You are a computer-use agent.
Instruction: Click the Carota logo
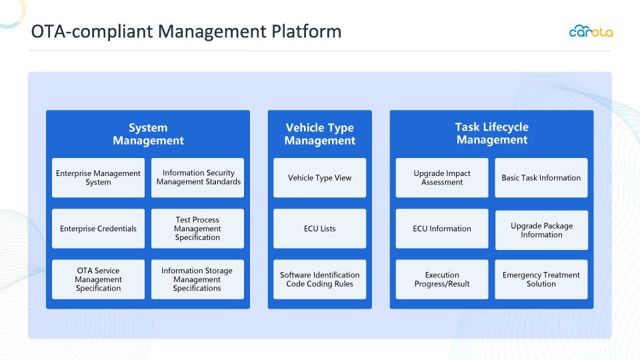[x=591, y=31]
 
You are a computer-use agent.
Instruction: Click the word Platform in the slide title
[x=307, y=31]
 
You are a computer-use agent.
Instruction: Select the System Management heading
[x=148, y=134]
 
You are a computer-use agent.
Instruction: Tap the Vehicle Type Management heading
[x=319, y=134]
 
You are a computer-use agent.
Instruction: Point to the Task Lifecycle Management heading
[x=492, y=133]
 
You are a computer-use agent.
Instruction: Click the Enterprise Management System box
[x=99, y=177]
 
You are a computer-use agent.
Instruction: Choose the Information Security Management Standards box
[x=197, y=177]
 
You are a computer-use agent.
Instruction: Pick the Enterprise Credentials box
[x=99, y=229]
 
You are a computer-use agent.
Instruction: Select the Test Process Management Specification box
[x=197, y=229]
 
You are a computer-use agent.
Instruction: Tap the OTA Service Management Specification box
[x=99, y=279]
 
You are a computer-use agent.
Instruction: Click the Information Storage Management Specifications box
[x=197, y=279]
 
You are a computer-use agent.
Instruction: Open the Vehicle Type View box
[x=319, y=177]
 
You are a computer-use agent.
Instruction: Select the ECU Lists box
[x=319, y=229]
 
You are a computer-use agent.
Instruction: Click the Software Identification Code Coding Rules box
[x=319, y=279]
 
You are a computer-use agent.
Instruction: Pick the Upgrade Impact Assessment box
[x=442, y=177]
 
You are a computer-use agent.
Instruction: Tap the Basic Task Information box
[x=541, y=177]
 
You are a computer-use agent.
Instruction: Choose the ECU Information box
[x=442, y=229]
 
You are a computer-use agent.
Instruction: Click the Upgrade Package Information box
[x=541, y=230]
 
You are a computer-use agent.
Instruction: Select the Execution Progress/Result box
[x=442, y=279]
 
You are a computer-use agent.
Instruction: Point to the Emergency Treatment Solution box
[x=541, y=279]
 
